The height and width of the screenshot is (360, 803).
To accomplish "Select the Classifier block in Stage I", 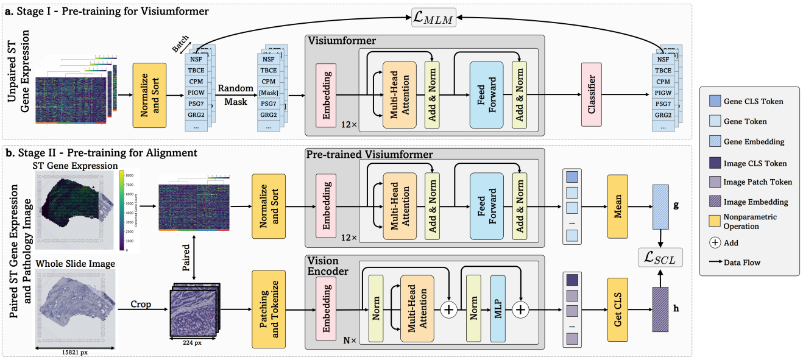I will (x=591, y=94).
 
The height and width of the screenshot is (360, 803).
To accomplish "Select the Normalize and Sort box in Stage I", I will (x=149, y=94).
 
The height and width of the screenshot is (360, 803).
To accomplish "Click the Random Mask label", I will (x=235, y=95).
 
